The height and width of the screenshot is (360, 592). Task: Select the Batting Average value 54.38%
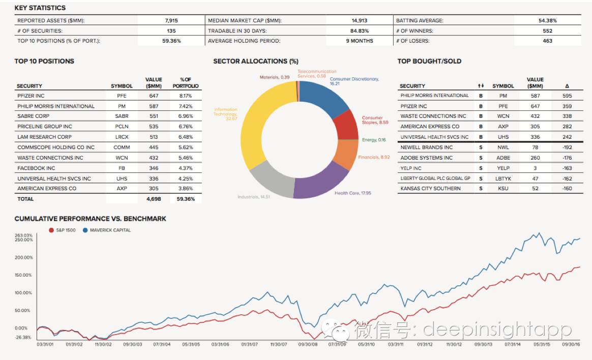click(547, 21)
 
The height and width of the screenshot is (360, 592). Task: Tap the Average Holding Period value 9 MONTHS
click(359, 41)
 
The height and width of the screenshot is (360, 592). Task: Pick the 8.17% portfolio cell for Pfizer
click(185, 96)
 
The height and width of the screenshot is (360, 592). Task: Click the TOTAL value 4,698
click(154, 199)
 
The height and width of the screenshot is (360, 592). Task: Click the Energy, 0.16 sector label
click(374, 140)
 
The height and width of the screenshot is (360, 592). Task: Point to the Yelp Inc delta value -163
click(567, 168)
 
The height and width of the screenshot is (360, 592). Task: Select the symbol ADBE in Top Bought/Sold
click(503, 158)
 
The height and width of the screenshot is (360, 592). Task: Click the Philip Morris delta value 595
click(567, 96)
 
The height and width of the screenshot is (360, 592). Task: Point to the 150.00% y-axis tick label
click(23, 275)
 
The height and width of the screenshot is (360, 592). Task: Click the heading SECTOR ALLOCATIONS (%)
click(256, 61)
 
